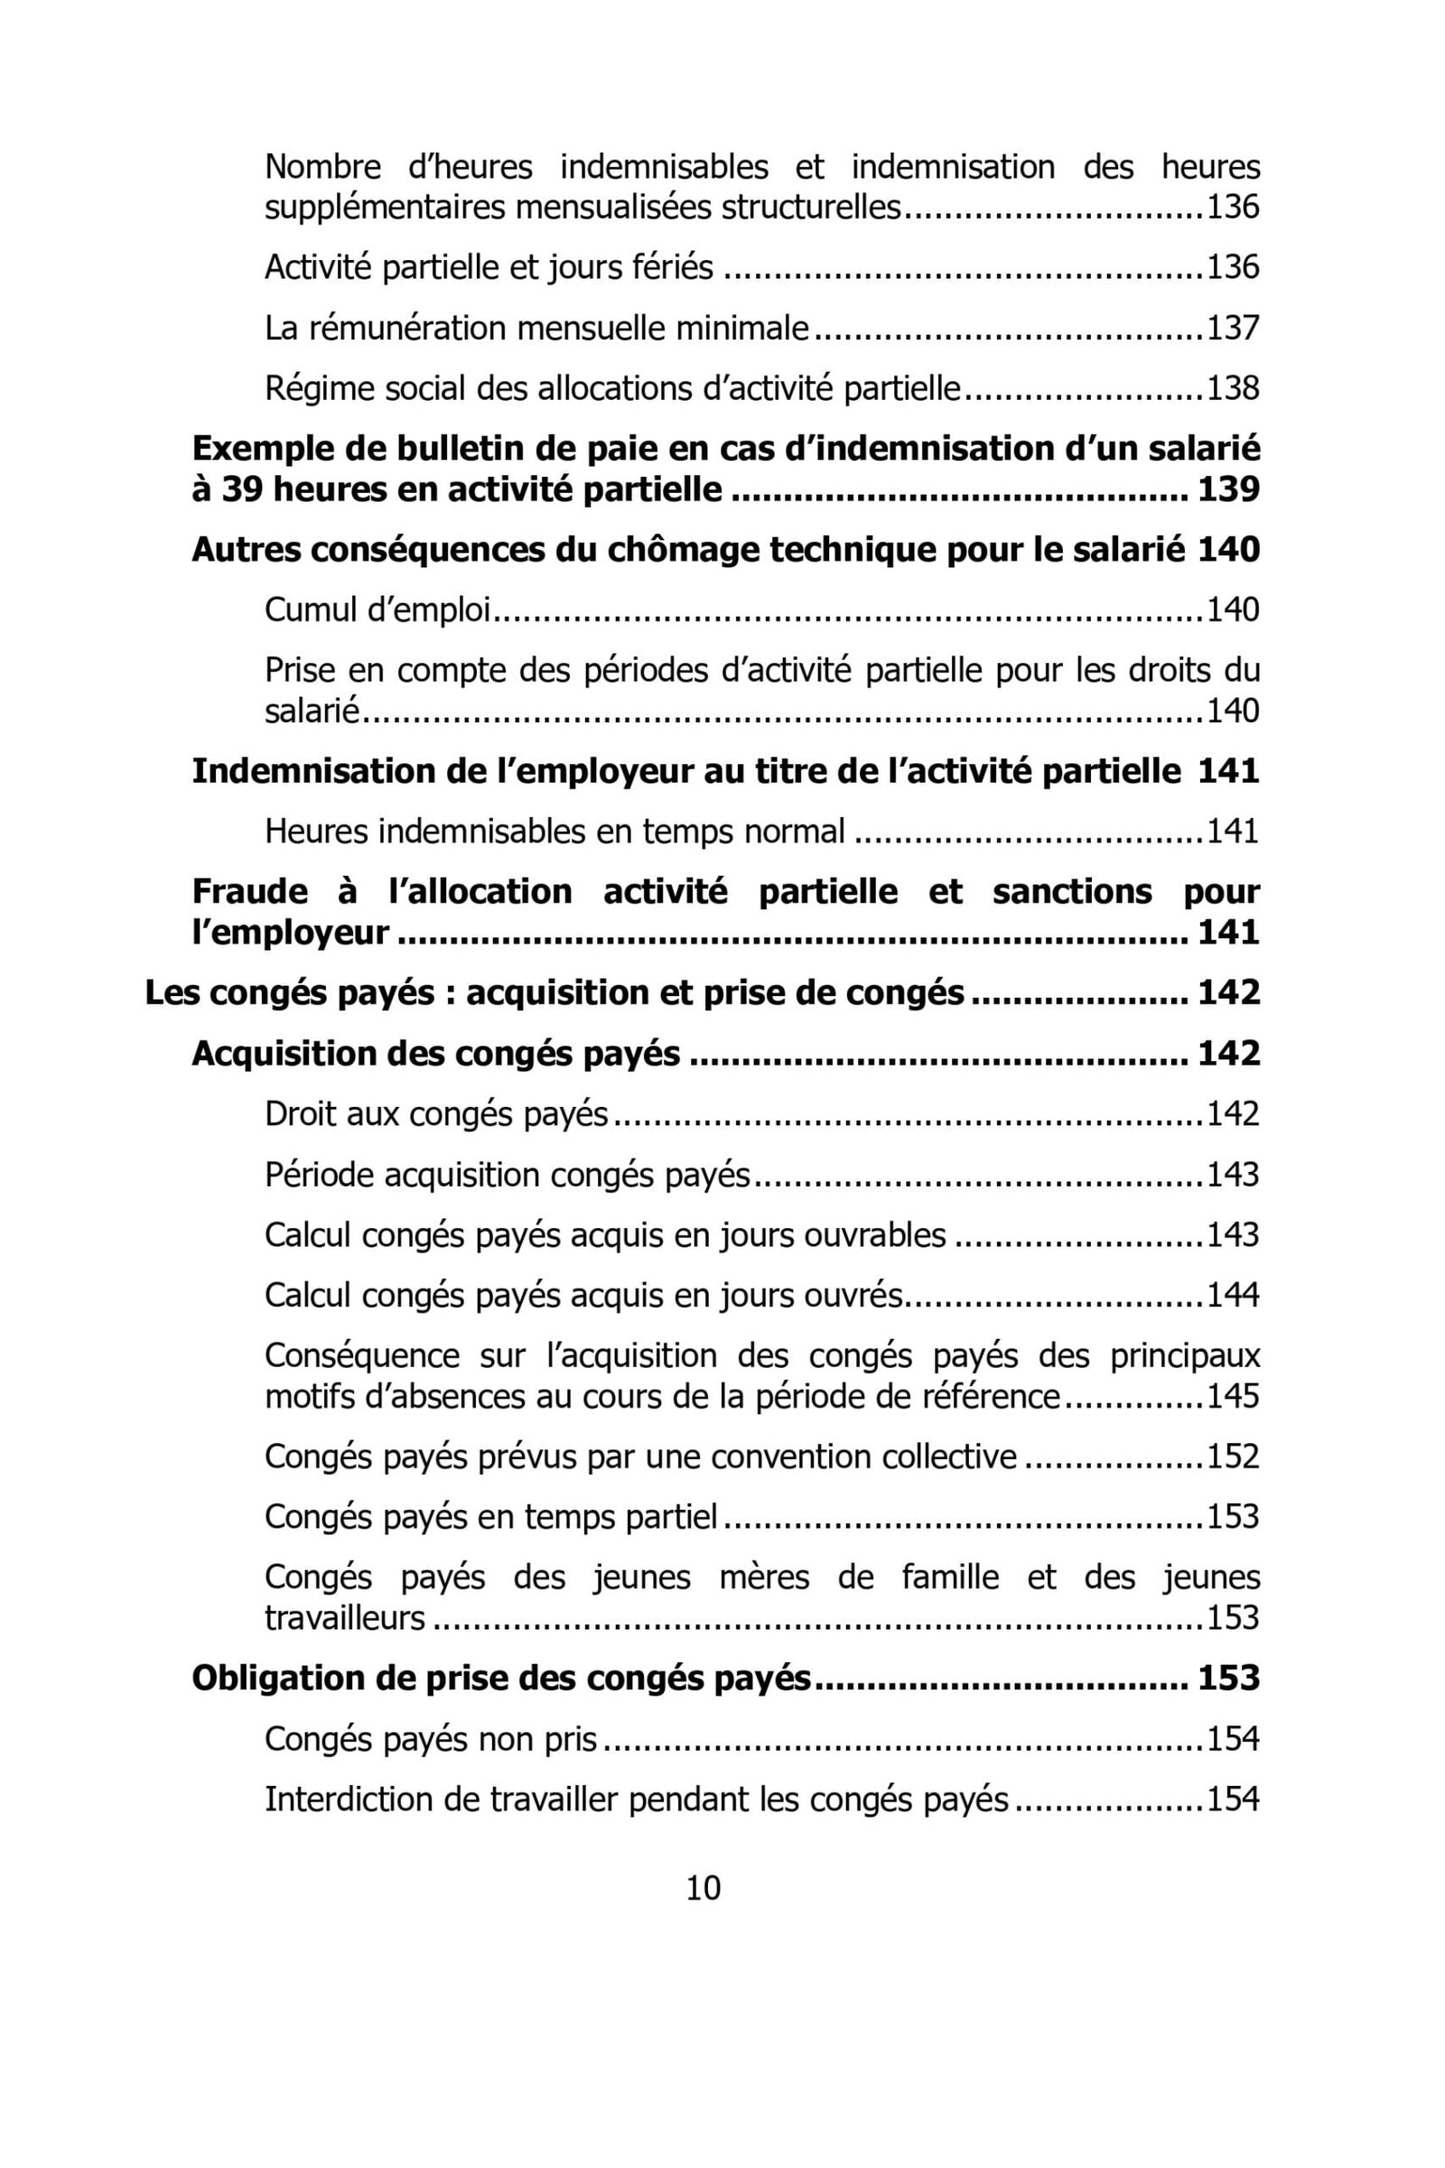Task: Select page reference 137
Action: [1233, 328]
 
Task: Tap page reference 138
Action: [1233, 389]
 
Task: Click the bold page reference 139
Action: [1228, 489]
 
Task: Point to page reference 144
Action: [1233, 1296]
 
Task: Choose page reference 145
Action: [1233, 1397]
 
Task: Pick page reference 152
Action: [1233, 1456]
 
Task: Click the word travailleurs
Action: [345, 1618]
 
